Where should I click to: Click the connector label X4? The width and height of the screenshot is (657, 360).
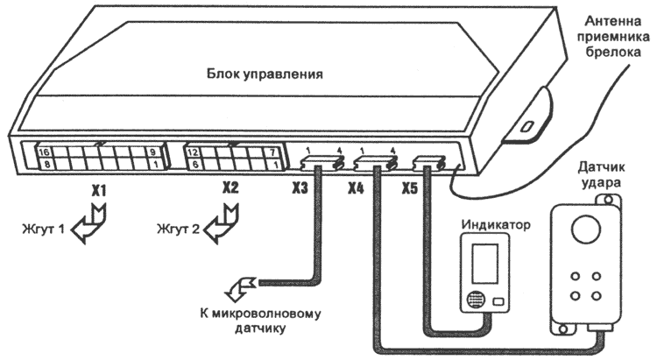357,188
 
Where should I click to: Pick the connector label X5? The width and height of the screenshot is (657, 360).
410,188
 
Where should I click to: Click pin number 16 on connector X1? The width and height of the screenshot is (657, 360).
42,152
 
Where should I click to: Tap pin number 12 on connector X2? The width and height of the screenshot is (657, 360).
191,152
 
